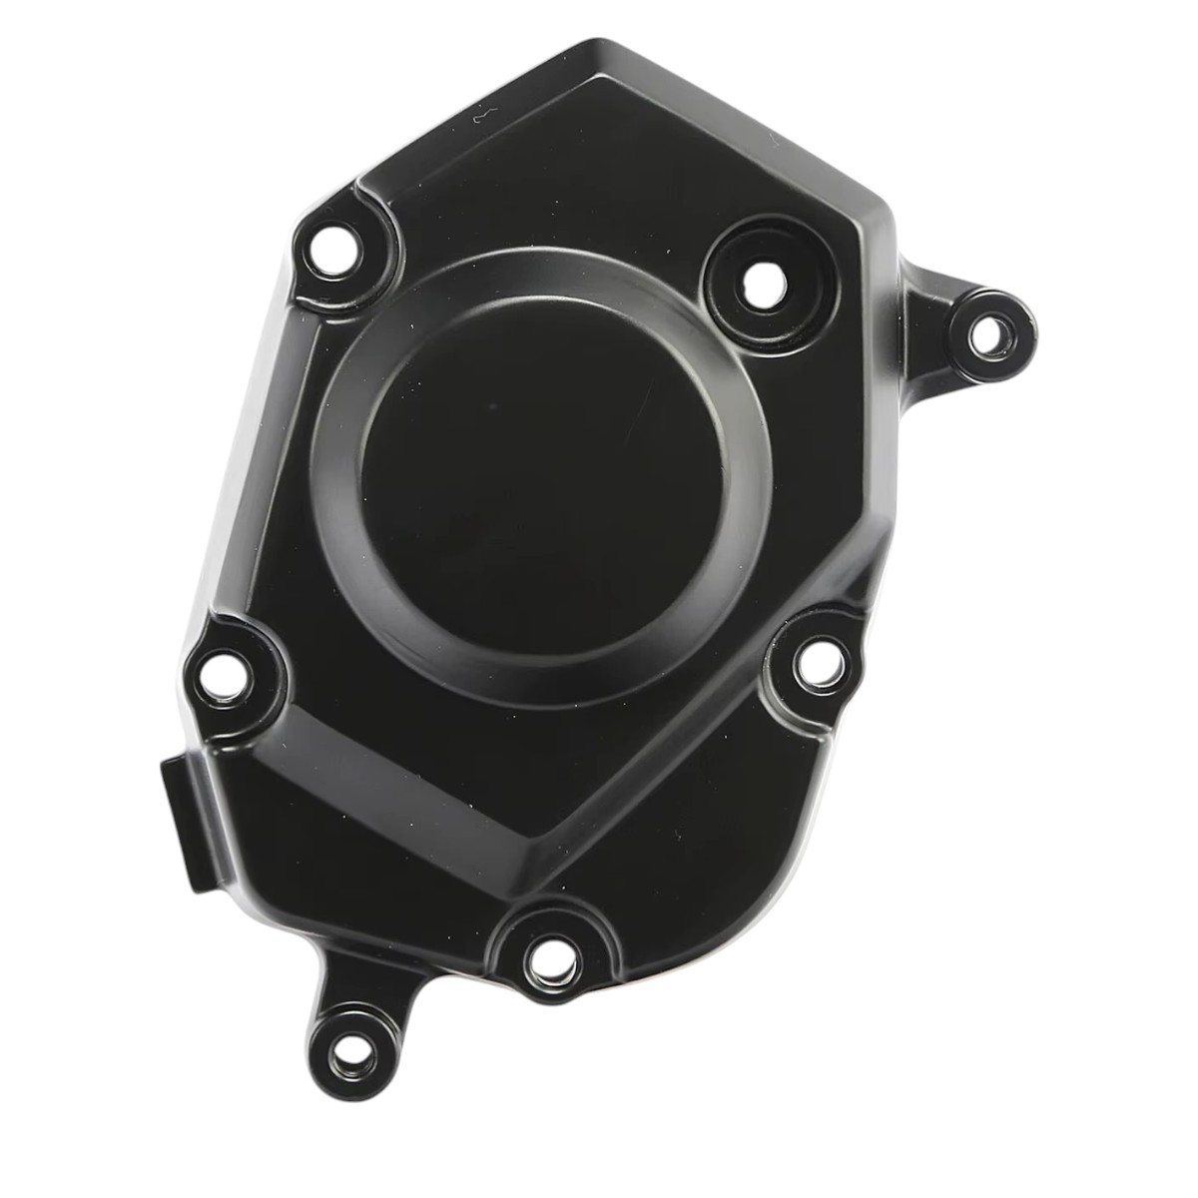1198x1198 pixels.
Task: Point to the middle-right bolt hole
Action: [822, 662]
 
